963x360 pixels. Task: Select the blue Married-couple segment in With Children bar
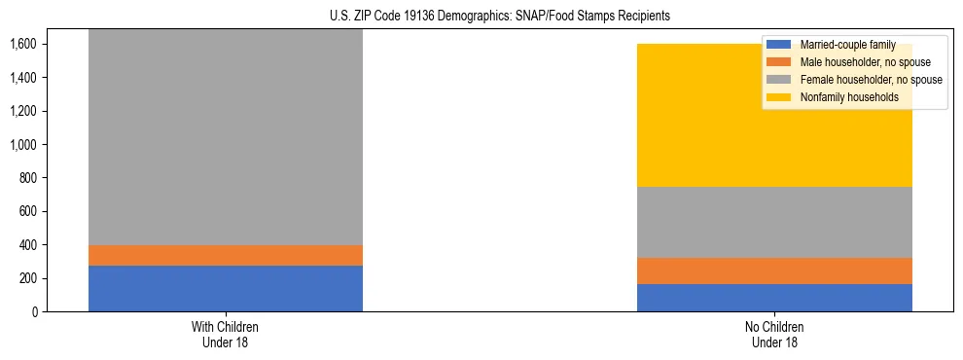point(226,288)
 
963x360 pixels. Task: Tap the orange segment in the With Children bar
point(226,255)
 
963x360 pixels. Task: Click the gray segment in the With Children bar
point(226,136)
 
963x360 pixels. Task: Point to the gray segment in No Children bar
point(774,222)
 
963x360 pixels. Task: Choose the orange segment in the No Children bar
point(774,270)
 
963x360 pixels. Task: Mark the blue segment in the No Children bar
point(774,298)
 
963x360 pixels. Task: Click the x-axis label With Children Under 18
point(226,334)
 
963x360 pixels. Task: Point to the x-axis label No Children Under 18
point(774,334)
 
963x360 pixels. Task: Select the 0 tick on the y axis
point(34,311)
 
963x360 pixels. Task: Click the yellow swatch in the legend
point(779,97)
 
